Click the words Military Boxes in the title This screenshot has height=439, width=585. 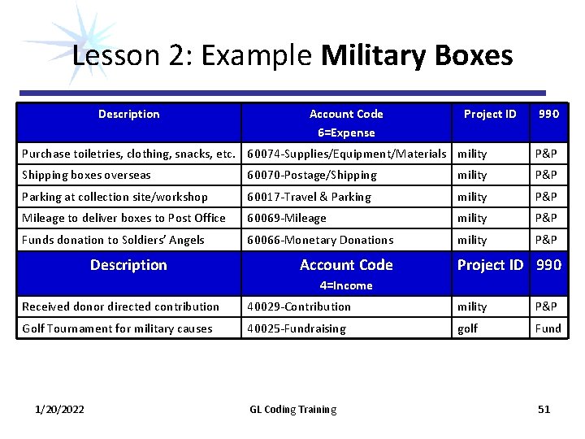pyautogui.click(x=417, y=55)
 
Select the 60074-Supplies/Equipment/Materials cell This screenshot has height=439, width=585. pyautogui.click(x=347, y=153)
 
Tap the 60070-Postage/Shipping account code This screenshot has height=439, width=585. pyautogui.click(x=312, y=175)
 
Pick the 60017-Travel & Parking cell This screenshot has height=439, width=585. pyautogui.click(x=309, y=197)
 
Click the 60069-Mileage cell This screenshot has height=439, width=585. pyautogui.click(x=287, y=218)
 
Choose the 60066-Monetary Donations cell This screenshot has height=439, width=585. pyautogui.click(x=320, y=240)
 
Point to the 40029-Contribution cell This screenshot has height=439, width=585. pyautogui.click(x=299, y=306)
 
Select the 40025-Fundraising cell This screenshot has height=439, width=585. pyautogui.click(x=297, y=328)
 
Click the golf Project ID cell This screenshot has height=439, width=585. pyautogui.click(x=468, y=328)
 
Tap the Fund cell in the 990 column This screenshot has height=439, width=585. pyautogui.click(x=548, y=328)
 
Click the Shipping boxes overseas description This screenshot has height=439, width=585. pyautogui.click(x=86, y=175)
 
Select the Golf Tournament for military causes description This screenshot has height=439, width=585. pyautogui.click(x=117, y=328)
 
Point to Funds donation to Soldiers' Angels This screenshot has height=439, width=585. pyautogui.click(x=113, y=240)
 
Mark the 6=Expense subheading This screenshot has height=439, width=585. pyautogui.click(x=346, y=133)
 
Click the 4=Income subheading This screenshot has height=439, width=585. pyautogui.click(x=346, y=285)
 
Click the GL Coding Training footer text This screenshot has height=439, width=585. pyautogui.click(x=292, y=409)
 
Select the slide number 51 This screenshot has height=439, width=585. pyautogui.click(x=544, y=409)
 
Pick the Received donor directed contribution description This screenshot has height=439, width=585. pyautogui.click(x=120, y=306)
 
